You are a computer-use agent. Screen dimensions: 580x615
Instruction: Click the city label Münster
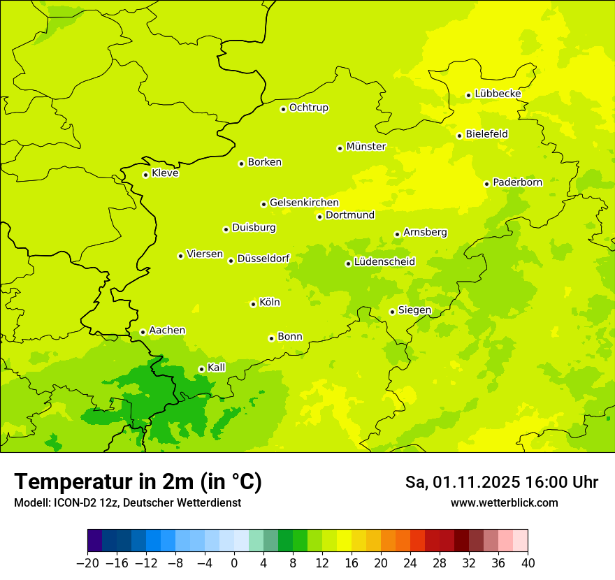366,147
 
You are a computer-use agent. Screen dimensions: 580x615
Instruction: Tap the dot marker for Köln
253,304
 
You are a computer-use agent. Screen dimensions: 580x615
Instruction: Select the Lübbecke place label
498,94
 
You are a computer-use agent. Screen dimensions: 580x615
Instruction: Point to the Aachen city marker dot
143,333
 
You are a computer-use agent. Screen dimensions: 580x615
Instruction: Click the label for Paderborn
517,182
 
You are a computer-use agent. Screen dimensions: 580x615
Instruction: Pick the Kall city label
217,368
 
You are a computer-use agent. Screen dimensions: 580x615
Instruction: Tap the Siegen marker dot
392,312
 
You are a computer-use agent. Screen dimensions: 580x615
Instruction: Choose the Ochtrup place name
309,108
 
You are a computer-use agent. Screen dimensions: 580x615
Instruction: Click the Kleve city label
165,173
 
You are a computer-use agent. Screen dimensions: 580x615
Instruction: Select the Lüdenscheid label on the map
384,262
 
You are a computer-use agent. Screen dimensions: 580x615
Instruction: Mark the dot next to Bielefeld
459,136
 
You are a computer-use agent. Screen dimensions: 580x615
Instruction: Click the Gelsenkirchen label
304,203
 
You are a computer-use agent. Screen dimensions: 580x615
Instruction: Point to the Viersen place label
205,254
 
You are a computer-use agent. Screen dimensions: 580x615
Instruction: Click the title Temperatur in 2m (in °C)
138,481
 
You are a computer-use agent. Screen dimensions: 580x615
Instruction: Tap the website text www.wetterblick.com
504,503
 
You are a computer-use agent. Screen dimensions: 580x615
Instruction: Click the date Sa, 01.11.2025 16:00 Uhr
501,482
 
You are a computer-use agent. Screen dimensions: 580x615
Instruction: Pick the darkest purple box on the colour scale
94,541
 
